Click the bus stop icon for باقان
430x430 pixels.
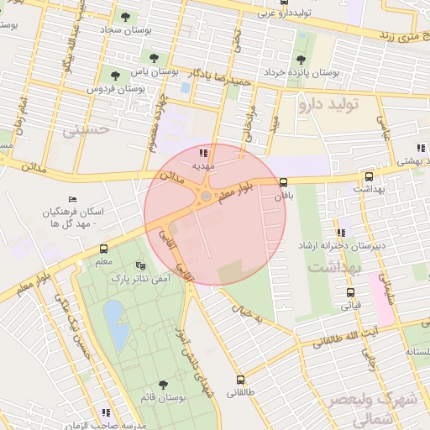(x=283, y=182)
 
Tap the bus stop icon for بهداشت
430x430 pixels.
(x=369, y=177)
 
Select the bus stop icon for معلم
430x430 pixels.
(x=104, y=249)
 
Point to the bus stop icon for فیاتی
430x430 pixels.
(x=351, y=292)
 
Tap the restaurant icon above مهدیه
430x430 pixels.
(x=202, y=153)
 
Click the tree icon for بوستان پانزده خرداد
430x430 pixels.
(x=301, y=60)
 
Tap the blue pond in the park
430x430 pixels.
(x=116, y=327)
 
